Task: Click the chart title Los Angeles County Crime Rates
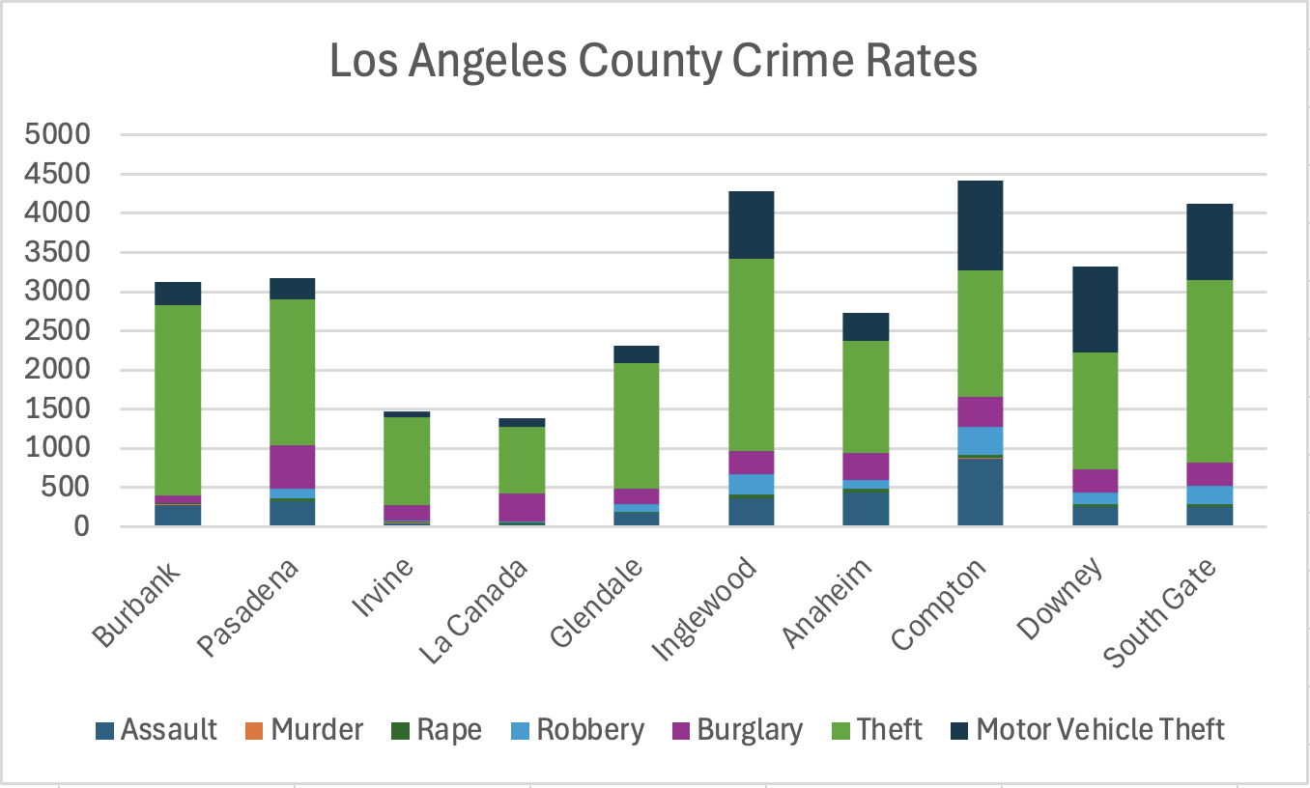pos(653,61)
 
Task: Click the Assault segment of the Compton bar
pos(980,492)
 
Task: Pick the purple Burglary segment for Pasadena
pos(293,466)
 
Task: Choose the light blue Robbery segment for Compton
pos(980,440)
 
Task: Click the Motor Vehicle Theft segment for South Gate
pos(1210,241)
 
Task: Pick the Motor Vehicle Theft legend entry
pos(1099,729)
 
